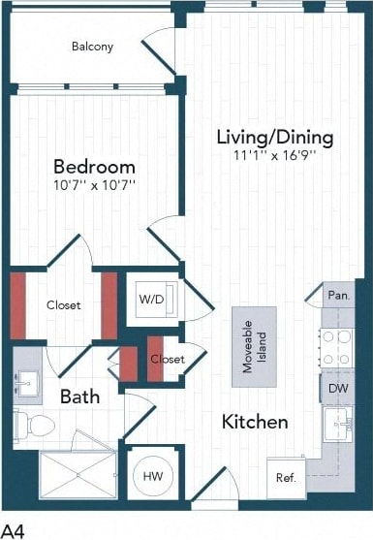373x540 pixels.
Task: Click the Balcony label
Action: (92, 46)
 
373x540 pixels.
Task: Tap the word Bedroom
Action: (94, 165)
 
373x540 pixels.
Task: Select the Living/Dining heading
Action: (274, 137)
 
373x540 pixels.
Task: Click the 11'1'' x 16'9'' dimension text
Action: (274, 154)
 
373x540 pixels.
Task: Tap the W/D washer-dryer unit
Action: (152, 300)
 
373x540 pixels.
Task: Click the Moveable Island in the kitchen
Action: (255, 340)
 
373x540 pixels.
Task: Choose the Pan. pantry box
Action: (337, 295)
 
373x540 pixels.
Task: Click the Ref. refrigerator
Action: (286, 477)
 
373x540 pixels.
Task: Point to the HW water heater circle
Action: (152, 476)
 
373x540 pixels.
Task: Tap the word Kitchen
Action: (255, 422)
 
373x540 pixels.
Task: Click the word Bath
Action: (79, 397)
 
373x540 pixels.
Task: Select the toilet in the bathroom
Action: (33, 425)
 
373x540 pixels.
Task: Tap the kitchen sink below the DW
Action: (337, 424)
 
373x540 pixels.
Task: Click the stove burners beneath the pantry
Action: (337, 347)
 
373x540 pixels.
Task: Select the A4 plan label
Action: (13, 529)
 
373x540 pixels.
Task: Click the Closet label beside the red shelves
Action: (64, 304)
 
